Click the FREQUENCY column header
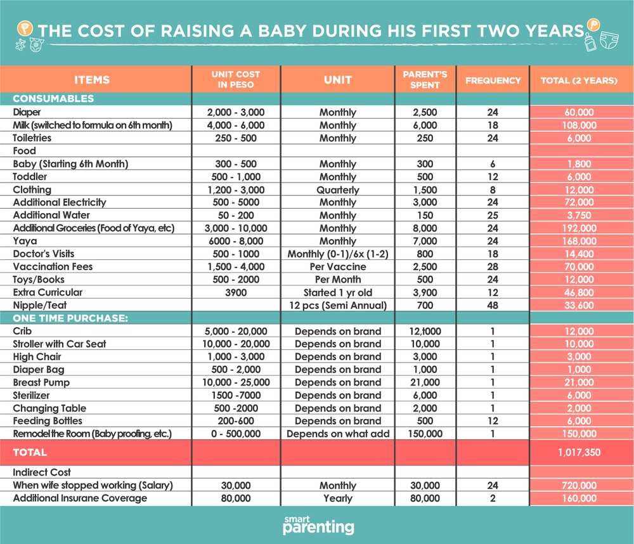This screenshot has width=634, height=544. pyautogui.click(x=493, y=81)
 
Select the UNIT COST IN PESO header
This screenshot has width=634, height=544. pyautogui.click(x=236, y=79)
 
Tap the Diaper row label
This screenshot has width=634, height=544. pyautogui.click(x=27, y=112)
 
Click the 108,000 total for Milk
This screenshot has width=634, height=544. pyautogui.click(x=579, y=125)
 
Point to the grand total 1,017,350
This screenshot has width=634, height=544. pyautogui.click(x=579, y=452)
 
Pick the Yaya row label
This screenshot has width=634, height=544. pyautogui.click(x=25, y=241)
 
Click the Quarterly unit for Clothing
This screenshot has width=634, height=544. pyautogui.click(x=338, y=190)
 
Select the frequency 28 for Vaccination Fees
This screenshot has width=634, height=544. pyautogui.click(x=493, y=266)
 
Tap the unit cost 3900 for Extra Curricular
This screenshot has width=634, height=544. pyautogui.click(x=236, y=292)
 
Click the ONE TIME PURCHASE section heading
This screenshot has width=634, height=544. pyautogui.click(x=70, y=318)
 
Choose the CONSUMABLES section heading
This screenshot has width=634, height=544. pyautogui.click(x=53, y=98)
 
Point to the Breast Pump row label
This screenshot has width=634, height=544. pyautogui.click(x=41, y=382)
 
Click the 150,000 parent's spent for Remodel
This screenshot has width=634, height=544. pyautogui.click(x=425, y=434)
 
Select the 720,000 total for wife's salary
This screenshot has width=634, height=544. pyautogui.click(x=579, y=486)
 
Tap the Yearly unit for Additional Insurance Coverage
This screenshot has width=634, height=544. pyautogui.click(x=338, y=498)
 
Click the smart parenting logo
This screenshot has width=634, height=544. pyautogui.click(x=318, y=525)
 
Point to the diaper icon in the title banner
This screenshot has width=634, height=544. pyautogui.click(x=609, y=40)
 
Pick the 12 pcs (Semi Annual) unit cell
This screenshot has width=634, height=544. pyautogui.click(x=338, y=306)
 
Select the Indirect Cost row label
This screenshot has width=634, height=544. pyautogui.click(x=42, y=472)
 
